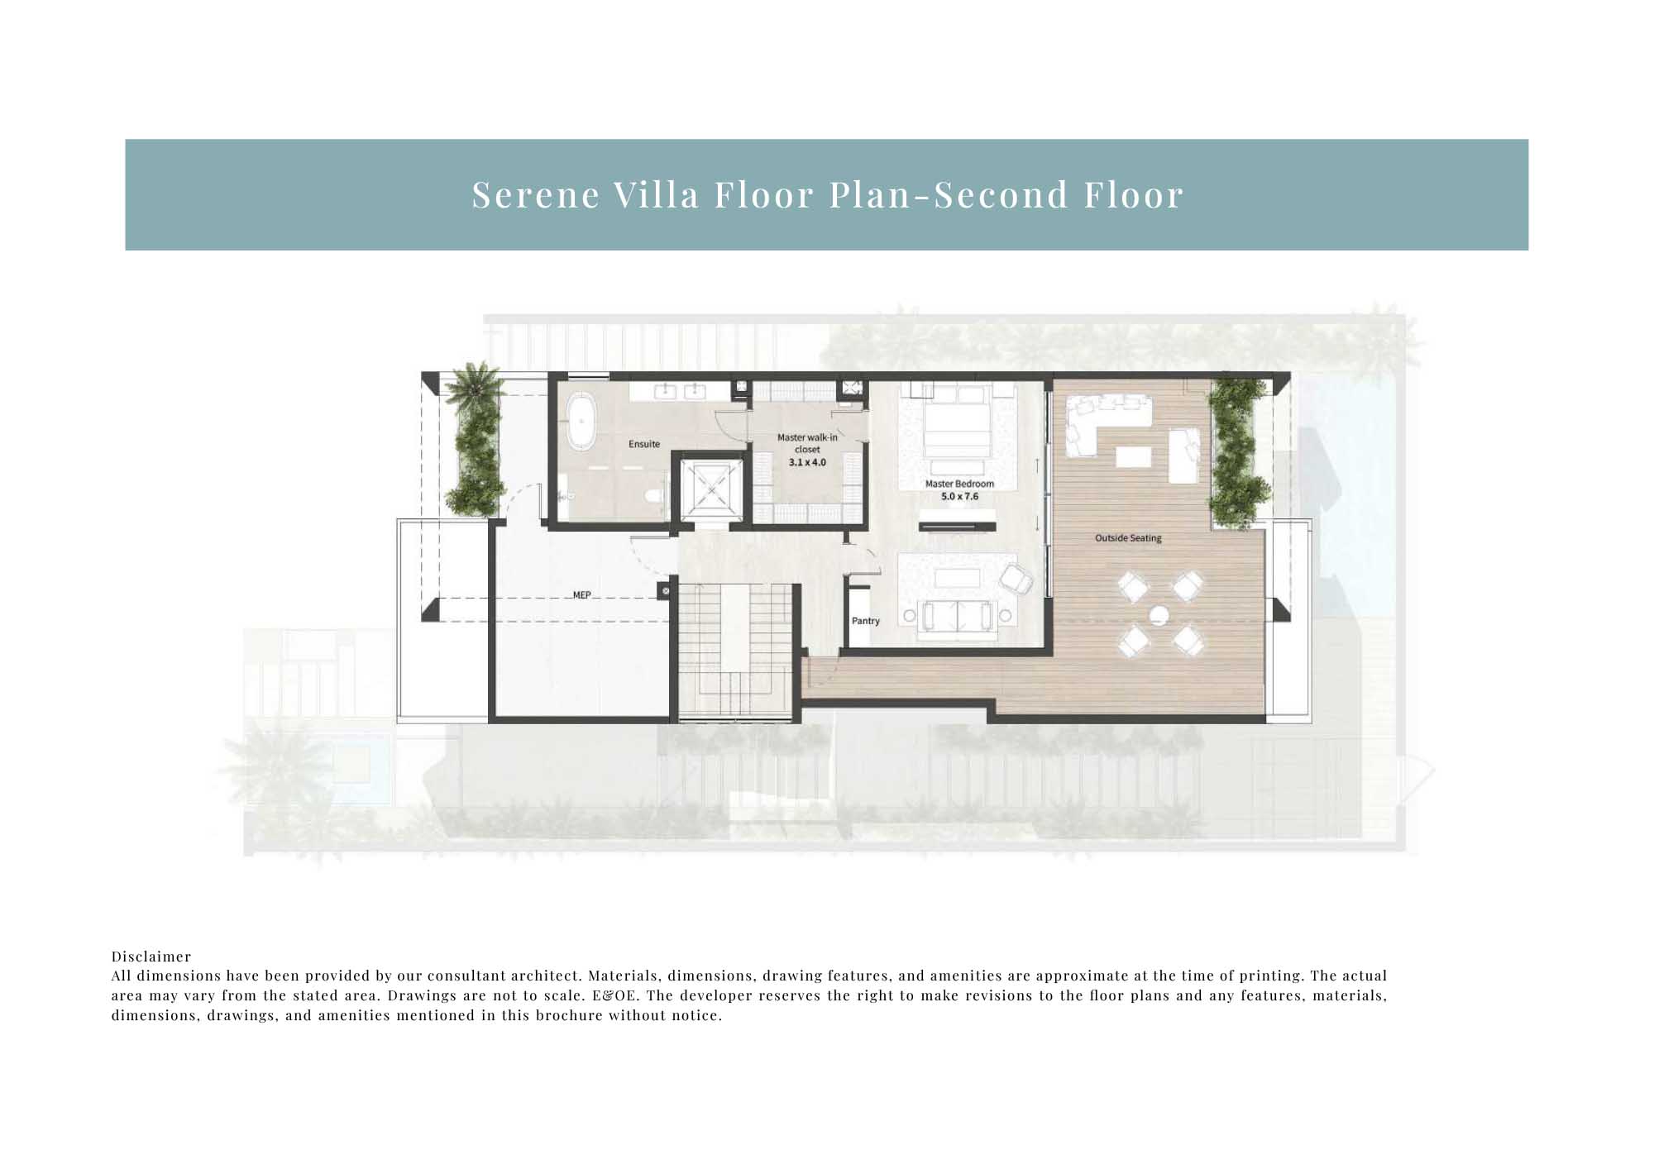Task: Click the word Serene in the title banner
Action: point(536,195)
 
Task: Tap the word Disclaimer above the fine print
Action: point(151,957)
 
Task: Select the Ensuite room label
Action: point(644,444)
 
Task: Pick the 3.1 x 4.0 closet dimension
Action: point(807,462)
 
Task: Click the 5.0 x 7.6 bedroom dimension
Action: point(959,497)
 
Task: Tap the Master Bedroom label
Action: point(959,484)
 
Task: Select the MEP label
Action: point(582,595)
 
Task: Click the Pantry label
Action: point(866,621)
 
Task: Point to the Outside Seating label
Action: point(1128,538)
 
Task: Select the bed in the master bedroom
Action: point(957,423)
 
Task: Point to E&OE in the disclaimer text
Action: point(615,995)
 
